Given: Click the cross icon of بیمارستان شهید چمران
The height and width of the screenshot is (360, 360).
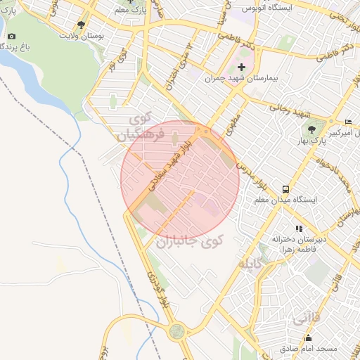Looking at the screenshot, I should tap(242, 67).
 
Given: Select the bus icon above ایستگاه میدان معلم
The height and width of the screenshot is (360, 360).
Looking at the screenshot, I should tap(285, 189).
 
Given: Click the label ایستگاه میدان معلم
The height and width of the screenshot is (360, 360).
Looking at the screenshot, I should tap(285, 200).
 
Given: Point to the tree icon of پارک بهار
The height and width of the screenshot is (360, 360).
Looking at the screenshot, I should tap(312, 129).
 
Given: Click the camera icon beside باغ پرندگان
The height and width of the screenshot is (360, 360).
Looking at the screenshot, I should tap(11, 36).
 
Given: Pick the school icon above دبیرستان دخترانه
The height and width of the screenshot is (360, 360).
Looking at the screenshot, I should tap(299, 229).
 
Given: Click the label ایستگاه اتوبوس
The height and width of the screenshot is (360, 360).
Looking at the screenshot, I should tap(267, 8).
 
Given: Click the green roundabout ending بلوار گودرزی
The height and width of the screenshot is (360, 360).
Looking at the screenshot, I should tap(179, 331).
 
